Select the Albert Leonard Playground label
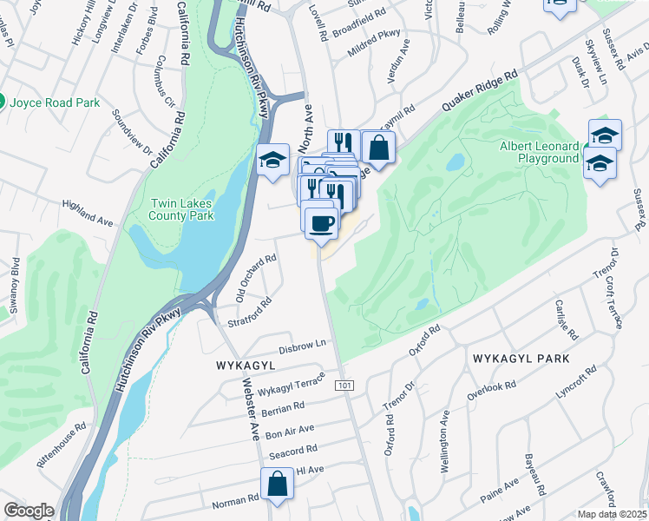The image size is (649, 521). [538, 153]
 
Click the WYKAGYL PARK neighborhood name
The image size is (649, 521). [521, 359]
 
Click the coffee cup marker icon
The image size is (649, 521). [322, 222]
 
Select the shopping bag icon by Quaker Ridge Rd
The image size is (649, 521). [378, 147]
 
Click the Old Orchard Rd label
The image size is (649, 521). [256, 278]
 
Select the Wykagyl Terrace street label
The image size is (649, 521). [290, 383]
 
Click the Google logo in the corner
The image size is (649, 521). [28, 510]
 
